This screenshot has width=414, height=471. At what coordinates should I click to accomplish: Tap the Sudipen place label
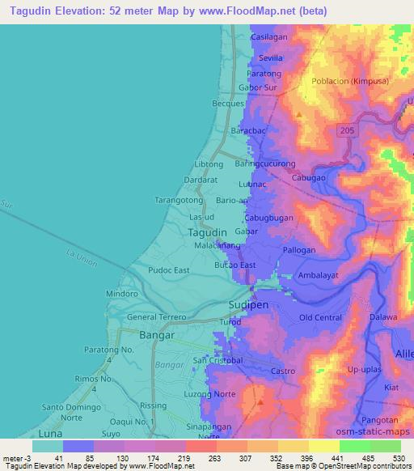[243, 307]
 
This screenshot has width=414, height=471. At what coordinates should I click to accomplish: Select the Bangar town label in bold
[134, 334]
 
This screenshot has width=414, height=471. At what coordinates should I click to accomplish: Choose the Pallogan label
[298, 251]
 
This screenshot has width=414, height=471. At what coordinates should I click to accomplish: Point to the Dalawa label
[384, 317]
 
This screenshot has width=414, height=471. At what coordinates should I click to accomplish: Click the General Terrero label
[157, 317]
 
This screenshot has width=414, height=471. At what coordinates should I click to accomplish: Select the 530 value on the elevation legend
[399, 457]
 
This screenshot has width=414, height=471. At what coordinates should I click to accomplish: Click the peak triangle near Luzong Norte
[260, 400]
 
